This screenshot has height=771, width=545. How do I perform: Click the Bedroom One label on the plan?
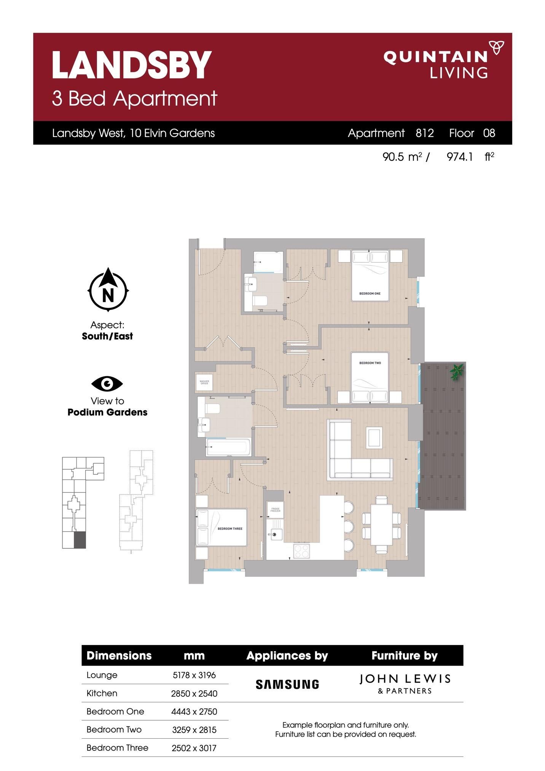(x=370, y=294)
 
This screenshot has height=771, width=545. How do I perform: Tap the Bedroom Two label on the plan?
(x=370, y=363)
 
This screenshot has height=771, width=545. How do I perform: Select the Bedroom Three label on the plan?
(x=229, y=528)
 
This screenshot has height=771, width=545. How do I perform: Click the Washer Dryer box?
(x=204, y=382)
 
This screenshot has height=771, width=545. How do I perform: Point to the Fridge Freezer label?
(x=275, y=509)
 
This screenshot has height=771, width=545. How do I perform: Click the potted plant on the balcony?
(x=456, y=371)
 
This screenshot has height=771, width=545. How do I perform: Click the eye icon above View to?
(x=107, y=384)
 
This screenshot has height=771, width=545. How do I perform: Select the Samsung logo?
(x=287, y=685)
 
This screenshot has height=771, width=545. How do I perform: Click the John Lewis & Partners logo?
(x=405, y=684)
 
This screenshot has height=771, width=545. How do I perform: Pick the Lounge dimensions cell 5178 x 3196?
(x=194, y=675)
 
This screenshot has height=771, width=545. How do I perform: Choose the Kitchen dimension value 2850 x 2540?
(x=194, y=693)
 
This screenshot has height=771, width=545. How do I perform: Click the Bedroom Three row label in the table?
(x=117, y=748)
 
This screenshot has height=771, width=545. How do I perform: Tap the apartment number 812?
(x=425, y=133)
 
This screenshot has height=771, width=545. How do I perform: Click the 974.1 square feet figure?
(x=460, y=156)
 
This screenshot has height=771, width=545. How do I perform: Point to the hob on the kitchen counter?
(x=301, y=551)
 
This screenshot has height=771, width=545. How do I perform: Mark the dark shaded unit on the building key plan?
(x=80, y=540)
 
